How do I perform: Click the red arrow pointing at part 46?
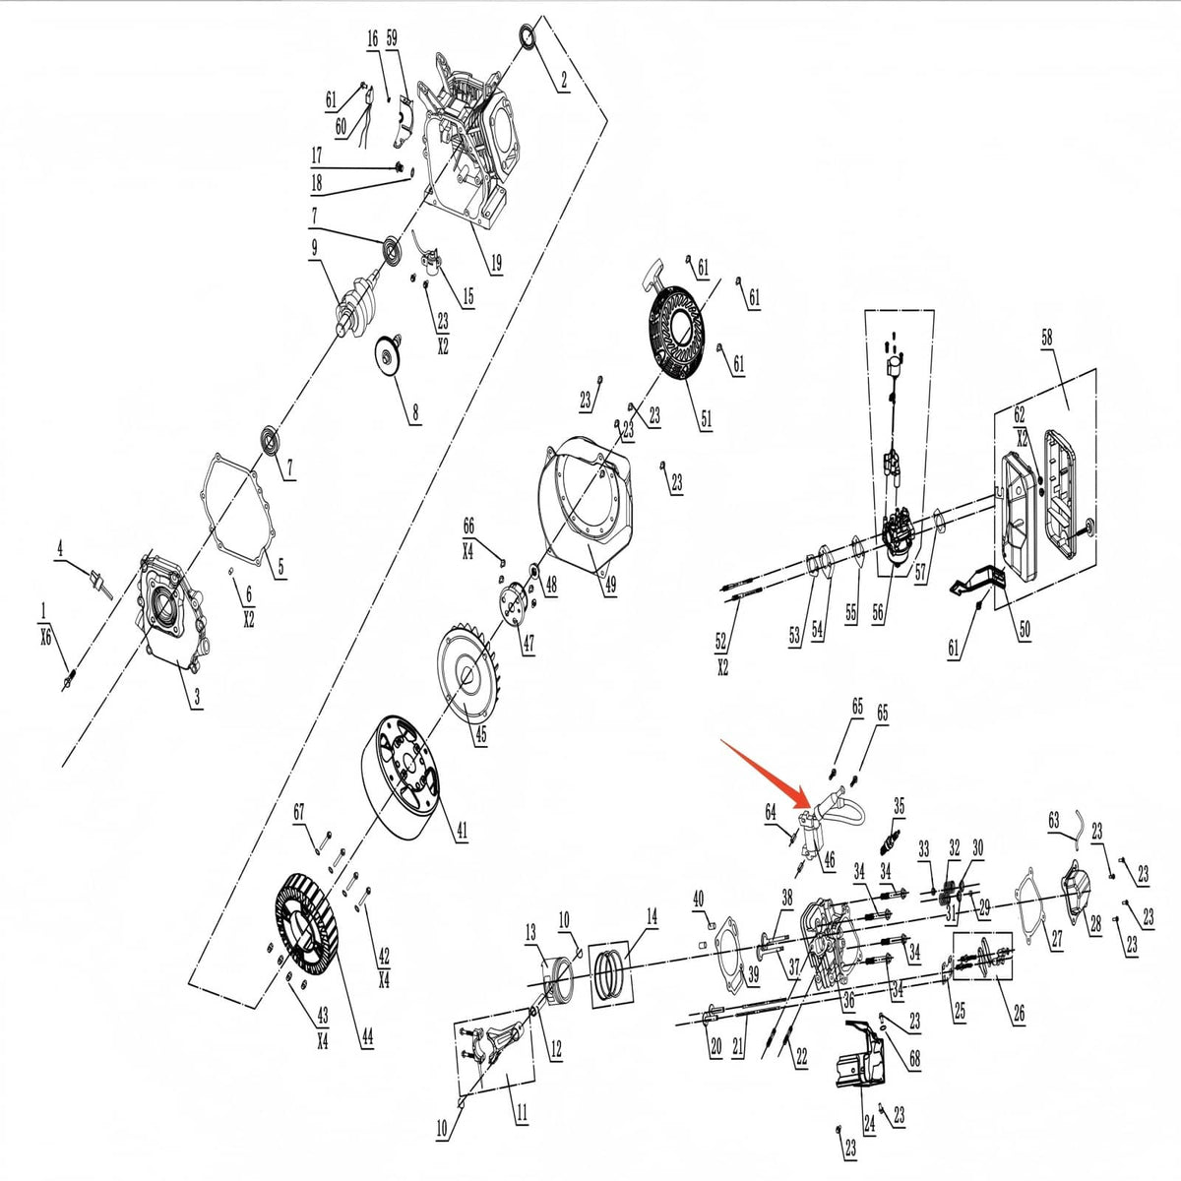pyautogui.click(x=767, y=775)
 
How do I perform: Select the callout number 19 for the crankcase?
pyautogui.click(x=496, y=263)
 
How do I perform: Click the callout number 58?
pyautogui.click(x=1047, y=337)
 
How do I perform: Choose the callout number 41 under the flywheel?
pyautogui.click(x=462, y=830)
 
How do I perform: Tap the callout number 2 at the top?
pyautogui.click(x=564, y=81)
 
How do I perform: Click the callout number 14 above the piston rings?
pyautogui.click(x=652, y=916)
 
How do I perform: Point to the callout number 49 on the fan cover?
pyautogui.click(x=610, y=585)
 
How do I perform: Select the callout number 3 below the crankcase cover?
pyautogui.click(x=196, y=697)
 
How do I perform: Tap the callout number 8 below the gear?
pyautogui.click(x=415, y=411)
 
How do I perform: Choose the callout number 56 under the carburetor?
pyautogui.click(x=878, y=613)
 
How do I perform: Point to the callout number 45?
pyautogui.click(x=481, y=733)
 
